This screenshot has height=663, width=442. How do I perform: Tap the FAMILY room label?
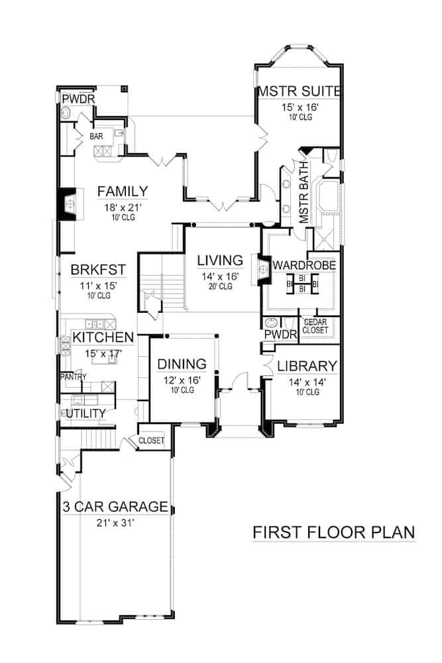pyautogui.click(x=123, y=192)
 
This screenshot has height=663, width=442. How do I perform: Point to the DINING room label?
pyautogui.click(x=182, y=364)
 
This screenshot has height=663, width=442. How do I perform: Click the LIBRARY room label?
pyautogui.click(x=307, y=366)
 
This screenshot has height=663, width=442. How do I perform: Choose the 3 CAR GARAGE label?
pyautogui.click(x=115, y=508)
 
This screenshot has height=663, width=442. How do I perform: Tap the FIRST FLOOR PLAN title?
pyautogui.click(x=333, y=533)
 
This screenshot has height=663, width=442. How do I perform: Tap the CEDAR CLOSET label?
pyautogui.click(x=315, y=327)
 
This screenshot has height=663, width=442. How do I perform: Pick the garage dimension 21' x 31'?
pyautogui.click(x=115, y=524)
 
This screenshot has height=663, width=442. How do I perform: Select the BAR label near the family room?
pyautogui.click(x=97, y=136)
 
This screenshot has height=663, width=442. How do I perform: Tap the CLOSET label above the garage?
pyautogui.click(x=151, y=441)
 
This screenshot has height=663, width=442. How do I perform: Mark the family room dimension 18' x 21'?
pyautogui.click(x=123, y=208)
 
